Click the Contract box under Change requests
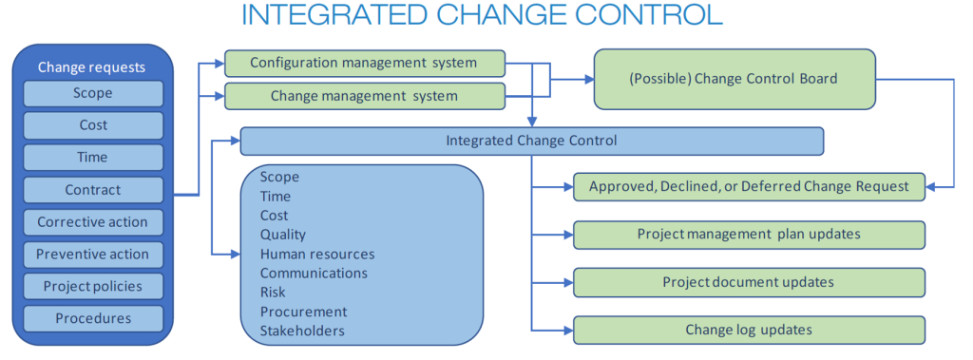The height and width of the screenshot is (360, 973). tap(93, 190)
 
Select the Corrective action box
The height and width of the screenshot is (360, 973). tap(93, 222)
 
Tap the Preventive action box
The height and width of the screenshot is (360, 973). tap(93, 255)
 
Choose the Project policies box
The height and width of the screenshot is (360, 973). tap(93, 287)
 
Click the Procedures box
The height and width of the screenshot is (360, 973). tap(93, 318)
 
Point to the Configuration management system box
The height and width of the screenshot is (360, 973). tap(364, 63)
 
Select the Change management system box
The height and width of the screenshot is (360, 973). tap(364, 96)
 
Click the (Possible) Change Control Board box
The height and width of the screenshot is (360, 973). tap(735, 80)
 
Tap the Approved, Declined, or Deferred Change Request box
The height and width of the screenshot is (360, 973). tap(749, 186)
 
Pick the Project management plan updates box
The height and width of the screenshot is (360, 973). tap(749, 235)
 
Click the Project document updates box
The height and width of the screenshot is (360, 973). tap(749, 282)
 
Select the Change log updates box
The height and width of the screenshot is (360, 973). tap(749, 330)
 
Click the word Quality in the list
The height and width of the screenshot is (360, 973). tap(283, 236)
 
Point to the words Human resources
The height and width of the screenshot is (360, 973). tap(317, 254)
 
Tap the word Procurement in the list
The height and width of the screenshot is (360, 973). tap(303, 312)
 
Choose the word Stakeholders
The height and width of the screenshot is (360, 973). tap(302, 331)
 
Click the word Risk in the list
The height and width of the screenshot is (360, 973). tap(273, 293)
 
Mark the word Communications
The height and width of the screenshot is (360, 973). tap(314, 274)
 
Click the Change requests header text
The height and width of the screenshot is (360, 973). tap(92, 67)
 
